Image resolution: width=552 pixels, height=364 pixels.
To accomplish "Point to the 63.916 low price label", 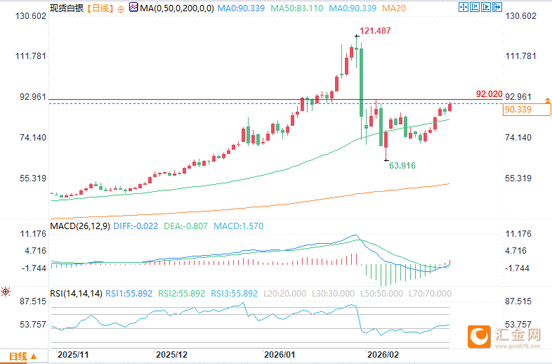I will tap(403, 166).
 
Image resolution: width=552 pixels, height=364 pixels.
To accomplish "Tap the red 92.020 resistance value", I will tap(489, 94).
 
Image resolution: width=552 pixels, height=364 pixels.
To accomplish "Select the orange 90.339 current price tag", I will tap(518, 110).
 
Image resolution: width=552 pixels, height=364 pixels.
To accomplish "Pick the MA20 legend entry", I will tap(395, 8).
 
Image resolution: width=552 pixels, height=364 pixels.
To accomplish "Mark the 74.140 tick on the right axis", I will tap(520, 138).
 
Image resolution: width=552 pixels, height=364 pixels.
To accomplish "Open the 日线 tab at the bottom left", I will tap(19, 356).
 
